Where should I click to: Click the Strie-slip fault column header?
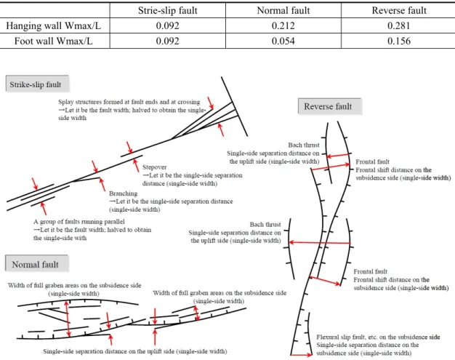[x=168, y=10]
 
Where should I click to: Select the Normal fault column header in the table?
[x=283, y=10]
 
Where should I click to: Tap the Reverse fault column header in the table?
[x=399, y=10]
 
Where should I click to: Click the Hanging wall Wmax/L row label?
[x=54, y=26]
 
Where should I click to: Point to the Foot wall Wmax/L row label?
[x=54, y=41]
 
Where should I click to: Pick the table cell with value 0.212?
[x=283, y=26]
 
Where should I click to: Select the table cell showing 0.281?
[x=399, y=26]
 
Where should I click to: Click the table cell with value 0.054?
[x=283, y=41]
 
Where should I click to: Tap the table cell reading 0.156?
[x=399, y=41]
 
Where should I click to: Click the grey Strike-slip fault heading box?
[x=38, y=84]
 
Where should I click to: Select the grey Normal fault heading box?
[x=37, y=264]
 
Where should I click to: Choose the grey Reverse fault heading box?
[x=330, y=106]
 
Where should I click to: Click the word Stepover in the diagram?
[x=154, y=167]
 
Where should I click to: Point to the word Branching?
[x=124, y=193]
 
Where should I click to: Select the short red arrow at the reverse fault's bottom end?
[x=302, y=355]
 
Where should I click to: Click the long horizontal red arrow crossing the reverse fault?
[x=320, y=242]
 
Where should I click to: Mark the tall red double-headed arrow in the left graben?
[x=68, y=319]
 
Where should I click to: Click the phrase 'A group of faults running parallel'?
[x=79, y=222]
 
